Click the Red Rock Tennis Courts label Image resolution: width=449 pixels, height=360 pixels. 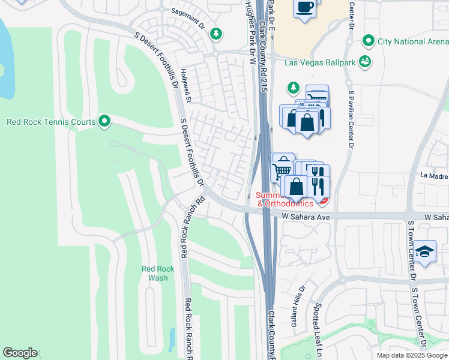[x=50, y=122]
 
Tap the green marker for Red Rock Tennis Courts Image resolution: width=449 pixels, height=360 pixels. [x=104, y=122]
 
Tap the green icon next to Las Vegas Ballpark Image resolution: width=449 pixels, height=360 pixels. [x=364, y=61]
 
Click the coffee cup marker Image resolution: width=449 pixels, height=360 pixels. [x=306, y=7]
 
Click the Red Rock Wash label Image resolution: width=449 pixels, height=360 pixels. [x=158, y=273]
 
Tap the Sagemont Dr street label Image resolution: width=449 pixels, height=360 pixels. [x=188, y=19]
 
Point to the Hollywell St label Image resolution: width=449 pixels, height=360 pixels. [x=184, y=86]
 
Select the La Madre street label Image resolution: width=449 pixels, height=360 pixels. [x=434, y=176]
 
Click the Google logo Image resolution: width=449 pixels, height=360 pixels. [x=20, y=353]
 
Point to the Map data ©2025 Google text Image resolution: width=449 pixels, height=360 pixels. [x=412, y=355]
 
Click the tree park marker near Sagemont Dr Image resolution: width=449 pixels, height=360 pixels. [x=215, y=34]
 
